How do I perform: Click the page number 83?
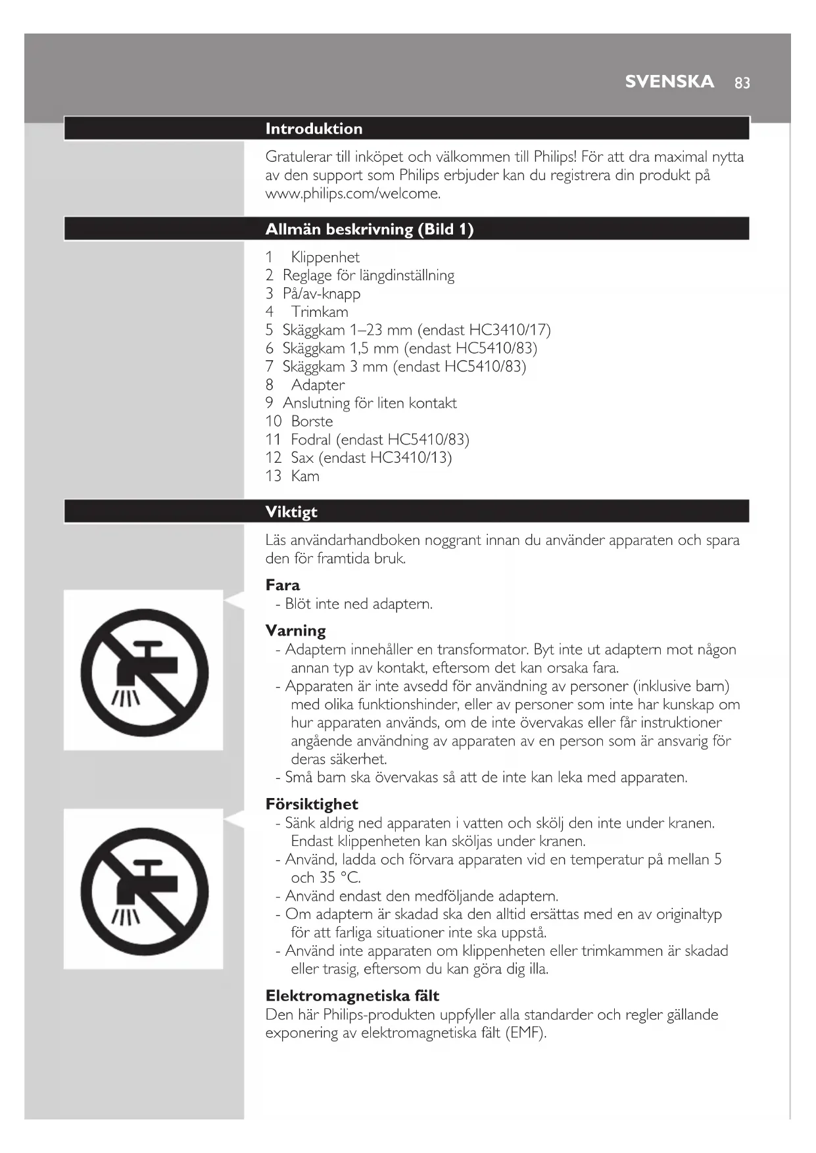coord(742,83)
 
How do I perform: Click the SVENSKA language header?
coord(669,82)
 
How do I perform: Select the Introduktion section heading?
coord(314,129)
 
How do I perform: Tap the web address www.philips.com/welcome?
coord(352,194)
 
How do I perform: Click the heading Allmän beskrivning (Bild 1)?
coord(369,229)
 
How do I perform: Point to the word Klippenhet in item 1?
coord(325,258)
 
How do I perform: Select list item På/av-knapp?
coord(321,294)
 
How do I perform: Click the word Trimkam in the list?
coord(320,312)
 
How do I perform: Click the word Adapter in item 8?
coord(318,385)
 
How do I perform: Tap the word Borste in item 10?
coord(312,421)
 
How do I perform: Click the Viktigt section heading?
coord(291,512)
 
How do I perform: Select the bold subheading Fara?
coord(283,585)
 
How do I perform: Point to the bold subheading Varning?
coord(295,631)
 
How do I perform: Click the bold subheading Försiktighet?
coord(312,805)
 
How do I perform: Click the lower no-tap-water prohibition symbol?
coord(144,891)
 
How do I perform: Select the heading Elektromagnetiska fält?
coord(352,996)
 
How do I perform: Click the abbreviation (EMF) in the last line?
coord(525,1033)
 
